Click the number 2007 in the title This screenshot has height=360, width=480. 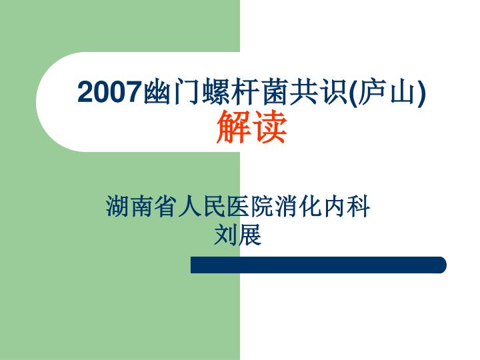coord(109,92)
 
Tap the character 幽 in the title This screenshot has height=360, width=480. coord(155,92)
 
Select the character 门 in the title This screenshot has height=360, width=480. coord(185,92)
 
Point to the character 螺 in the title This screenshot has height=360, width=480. coord(215,92)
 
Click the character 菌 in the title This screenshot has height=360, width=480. coord(273,92)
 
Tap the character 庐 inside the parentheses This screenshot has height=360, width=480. coord(371,92)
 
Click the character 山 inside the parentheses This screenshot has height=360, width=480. coord(401,93)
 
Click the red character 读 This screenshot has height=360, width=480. coord(269,127)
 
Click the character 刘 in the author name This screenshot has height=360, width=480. coord(225,234)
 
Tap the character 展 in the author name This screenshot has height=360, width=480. coord(250,234)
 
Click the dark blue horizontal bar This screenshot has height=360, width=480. coord(319,265)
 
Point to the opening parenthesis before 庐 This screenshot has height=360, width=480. coord(353,93)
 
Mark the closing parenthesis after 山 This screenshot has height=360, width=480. coord(421,93)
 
